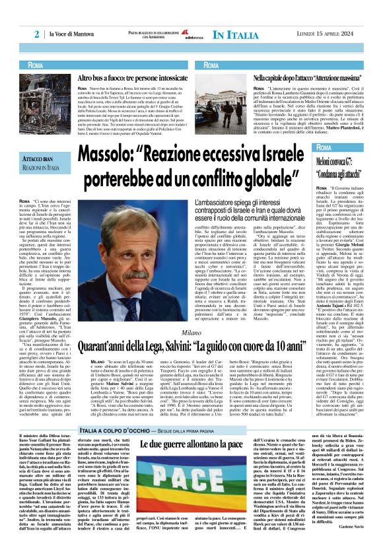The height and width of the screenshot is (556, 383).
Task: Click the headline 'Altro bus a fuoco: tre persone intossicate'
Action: click(x=126, y=77)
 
